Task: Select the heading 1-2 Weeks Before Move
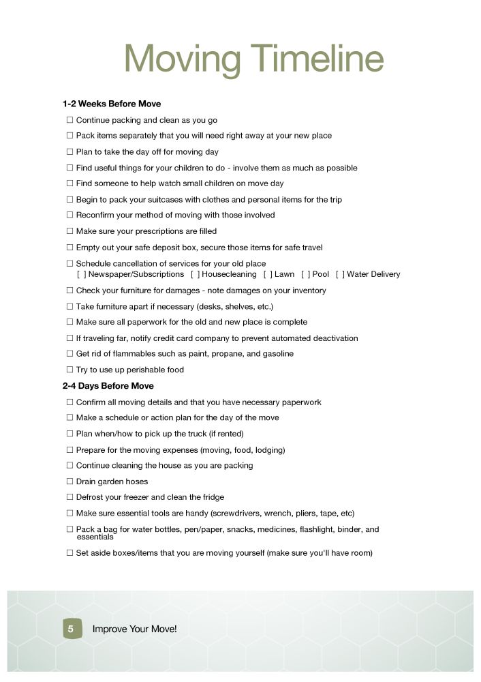pos(112,104)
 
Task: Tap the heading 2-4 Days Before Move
pos(108,386)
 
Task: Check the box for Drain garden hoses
pos(69,481)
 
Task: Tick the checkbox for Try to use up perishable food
pos(69,370)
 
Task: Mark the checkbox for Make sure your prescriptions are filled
pos(69,231)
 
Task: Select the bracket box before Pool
pos(305,274)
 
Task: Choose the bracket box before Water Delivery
pos(340,274)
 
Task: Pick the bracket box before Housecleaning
pos(195,274)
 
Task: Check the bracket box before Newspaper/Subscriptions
pos(81,274)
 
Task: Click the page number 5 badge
pos(71,629)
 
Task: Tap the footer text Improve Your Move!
pos(134,629)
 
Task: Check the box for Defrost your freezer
pos(69,497)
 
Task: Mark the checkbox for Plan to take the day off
pos(69,152)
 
